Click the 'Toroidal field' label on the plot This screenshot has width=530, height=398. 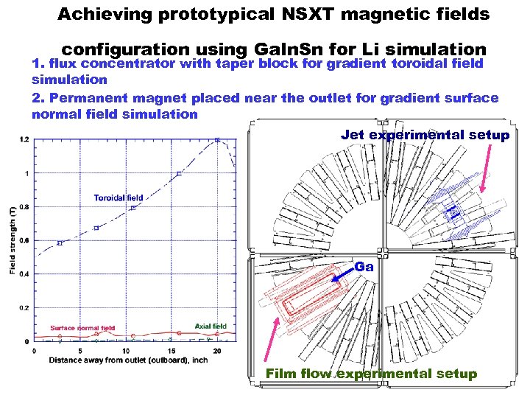pos(118,198)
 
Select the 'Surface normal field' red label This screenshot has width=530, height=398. pos(82,327)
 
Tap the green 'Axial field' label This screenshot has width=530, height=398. pos(211,326)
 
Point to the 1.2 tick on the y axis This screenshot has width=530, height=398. pos(25,139)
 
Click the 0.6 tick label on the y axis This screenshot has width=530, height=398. pos(25,240)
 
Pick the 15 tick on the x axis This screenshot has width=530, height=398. pos(172,351)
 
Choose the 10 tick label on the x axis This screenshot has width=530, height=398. pos(126,351)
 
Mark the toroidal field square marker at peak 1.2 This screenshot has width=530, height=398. pos(217,139)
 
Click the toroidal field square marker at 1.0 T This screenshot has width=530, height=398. pos(179,174)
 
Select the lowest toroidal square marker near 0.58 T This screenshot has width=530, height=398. pos(60,242)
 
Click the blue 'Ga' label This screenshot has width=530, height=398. pos(364,267)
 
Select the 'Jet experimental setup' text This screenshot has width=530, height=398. pos(425,135)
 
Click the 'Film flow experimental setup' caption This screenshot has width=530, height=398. pos(371,374)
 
